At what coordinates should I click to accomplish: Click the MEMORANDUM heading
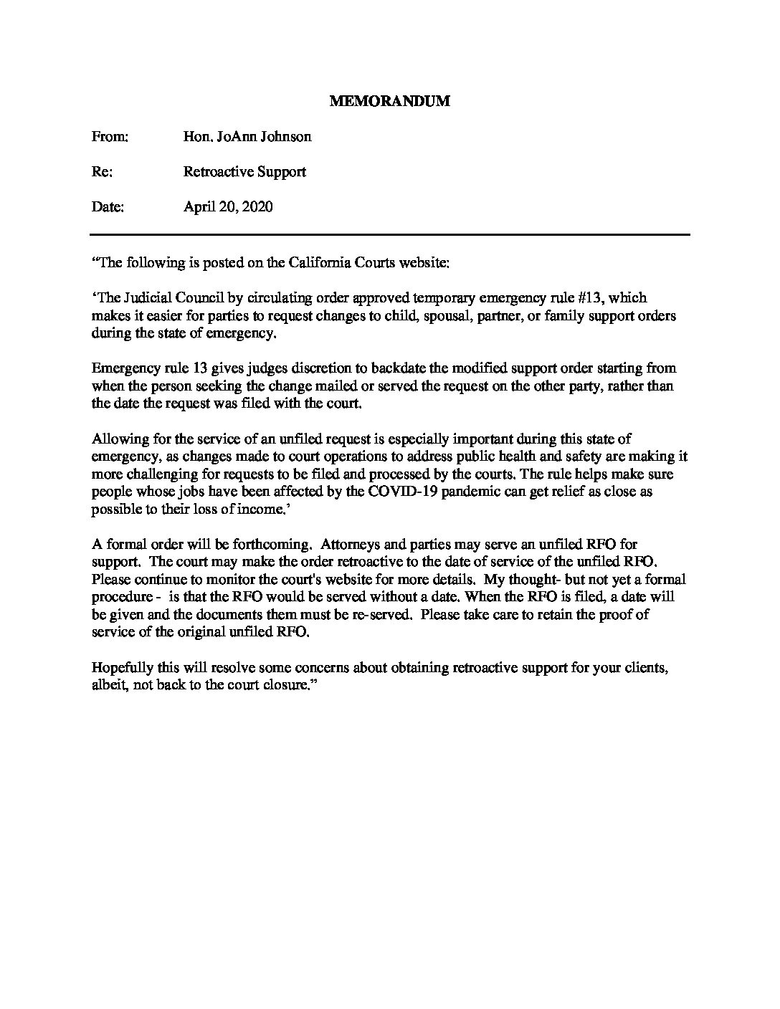point(389,101)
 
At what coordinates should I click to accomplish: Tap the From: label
point(110,136)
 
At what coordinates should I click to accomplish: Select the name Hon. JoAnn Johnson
point(247,136)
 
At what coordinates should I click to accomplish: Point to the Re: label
point(102,172)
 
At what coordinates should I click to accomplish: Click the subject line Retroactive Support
point(244,172)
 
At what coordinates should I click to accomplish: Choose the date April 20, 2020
point(228,207)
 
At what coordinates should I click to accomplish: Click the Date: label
point(108,207)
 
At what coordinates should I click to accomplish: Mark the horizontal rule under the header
point(389,234)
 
